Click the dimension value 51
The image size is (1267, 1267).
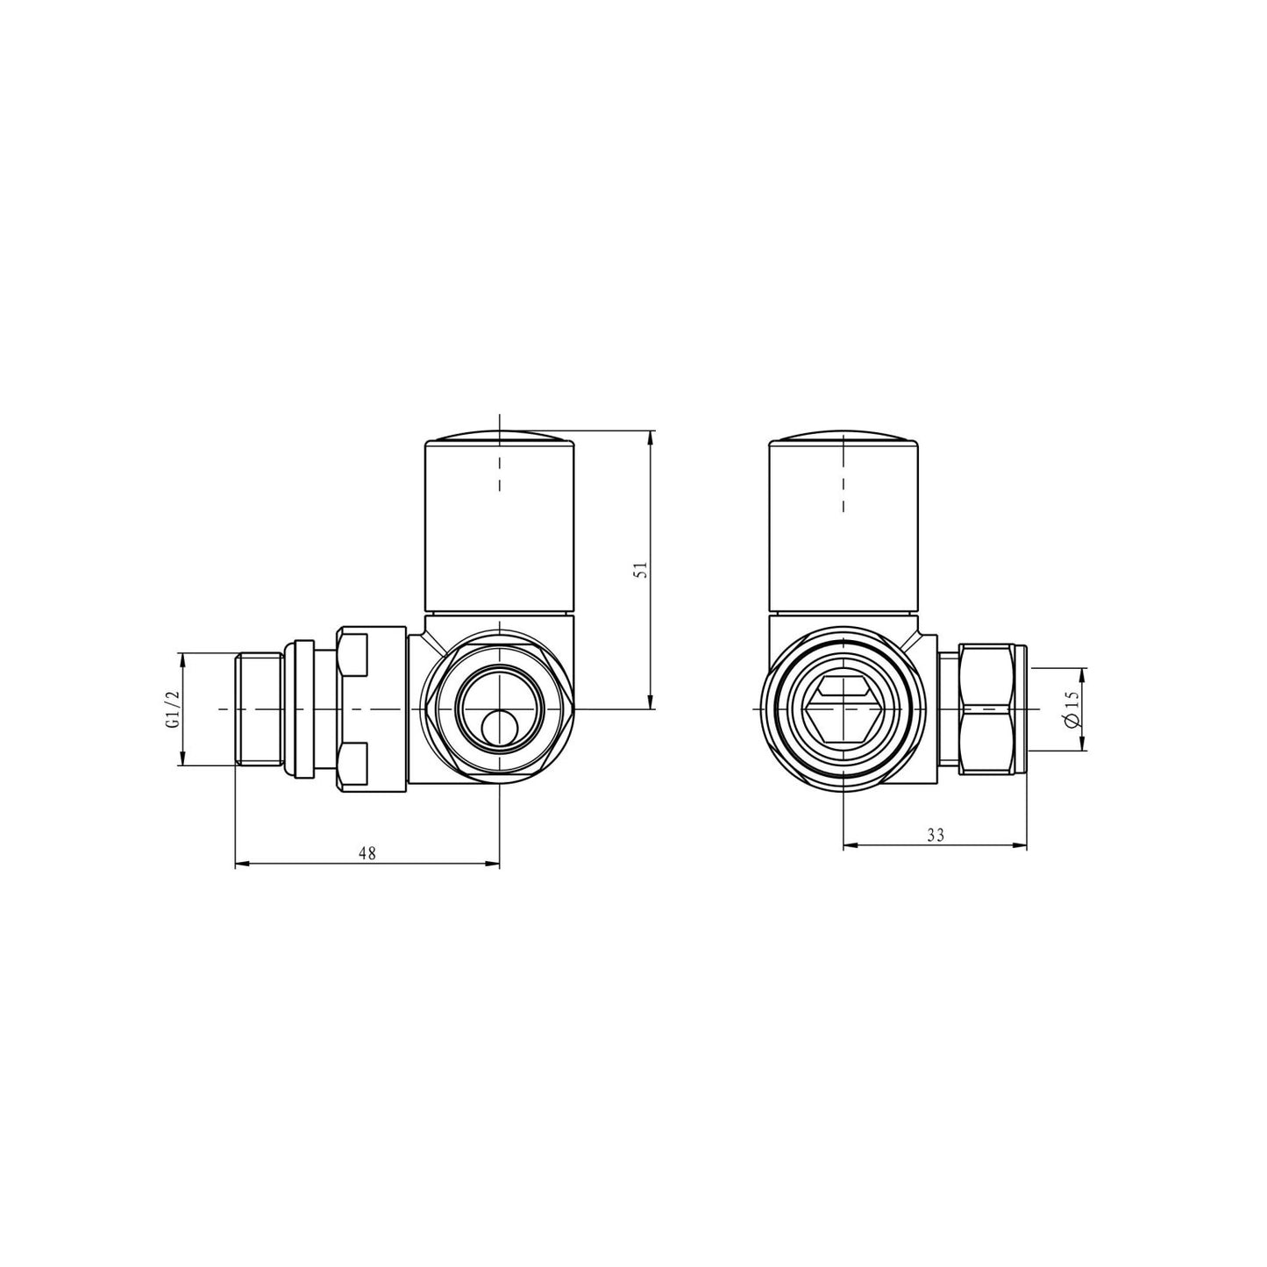[640, 569]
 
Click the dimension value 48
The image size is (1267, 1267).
[367, 853]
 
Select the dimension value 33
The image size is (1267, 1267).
[935, 835]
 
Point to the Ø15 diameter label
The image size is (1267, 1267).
[1070, 708]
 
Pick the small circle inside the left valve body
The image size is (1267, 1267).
[499, 727]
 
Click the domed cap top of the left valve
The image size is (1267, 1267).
[499, 437]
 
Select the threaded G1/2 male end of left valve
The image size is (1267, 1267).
[259, 708]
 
